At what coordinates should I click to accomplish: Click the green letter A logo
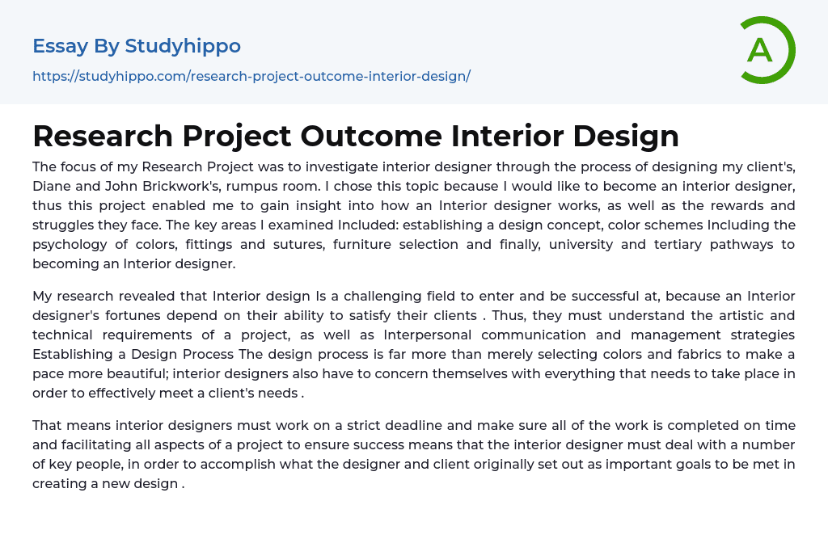[760, 51]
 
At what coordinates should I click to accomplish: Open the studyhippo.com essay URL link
[251, 76]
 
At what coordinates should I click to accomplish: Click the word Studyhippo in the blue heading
[183, 46]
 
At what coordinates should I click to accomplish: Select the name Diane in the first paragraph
[49, 187]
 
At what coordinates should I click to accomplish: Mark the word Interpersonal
[427, 335]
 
